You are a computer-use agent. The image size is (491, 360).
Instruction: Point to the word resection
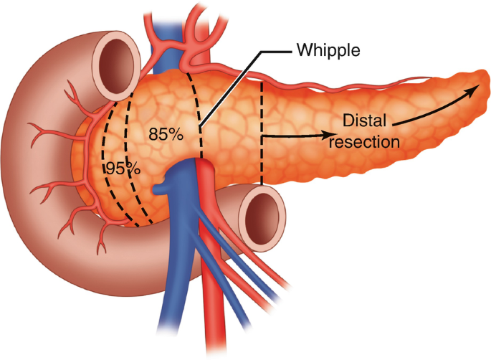pyautogui.click(x=369, y=141)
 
